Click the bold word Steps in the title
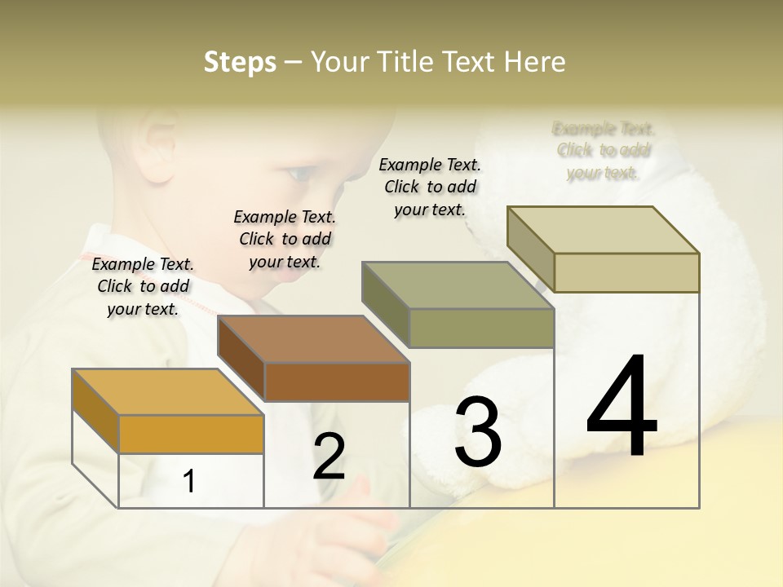point(240,62)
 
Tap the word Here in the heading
point(535,62)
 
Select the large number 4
point(622,408)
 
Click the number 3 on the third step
point(478,432)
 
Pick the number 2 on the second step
point(329,457)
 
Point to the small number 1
point(189,481)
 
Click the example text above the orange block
point(144,286)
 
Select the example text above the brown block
point(285,239)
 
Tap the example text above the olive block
point(430,187)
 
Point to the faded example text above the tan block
point(604,150)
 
